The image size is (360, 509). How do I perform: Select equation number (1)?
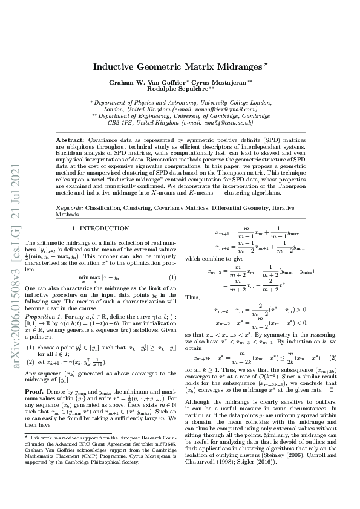pos(172,277)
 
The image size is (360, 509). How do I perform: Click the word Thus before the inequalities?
pos(192,297)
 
